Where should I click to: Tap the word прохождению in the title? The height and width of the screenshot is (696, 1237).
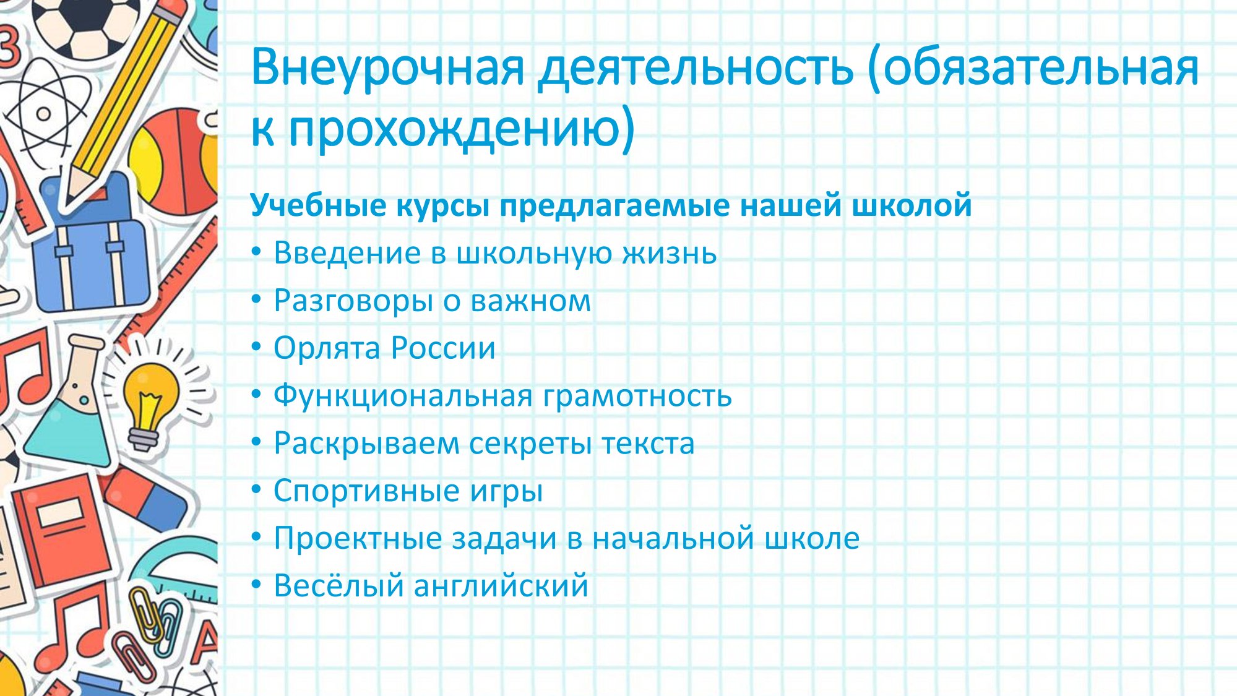[462, 129]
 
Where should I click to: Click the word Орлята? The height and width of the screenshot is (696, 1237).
[327, 348]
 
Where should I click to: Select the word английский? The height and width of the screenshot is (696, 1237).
[501, 586]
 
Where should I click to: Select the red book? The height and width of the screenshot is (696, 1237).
[62, 529]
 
